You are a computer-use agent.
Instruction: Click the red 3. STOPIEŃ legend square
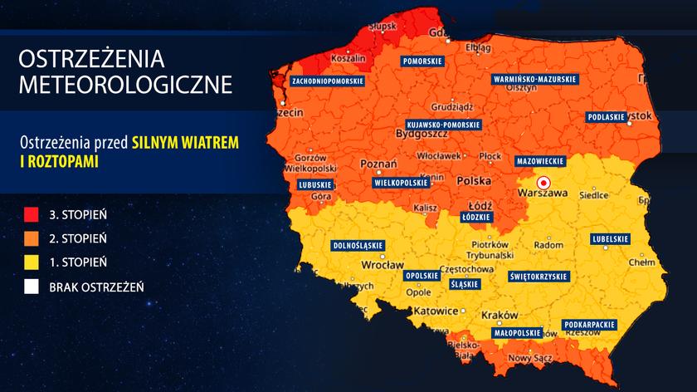coord(32,214)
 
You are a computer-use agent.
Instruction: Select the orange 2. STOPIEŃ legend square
coord(32,238)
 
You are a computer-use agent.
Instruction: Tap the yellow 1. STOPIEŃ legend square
coord(32,262)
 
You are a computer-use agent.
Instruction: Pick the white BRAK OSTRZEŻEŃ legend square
coord(32,287)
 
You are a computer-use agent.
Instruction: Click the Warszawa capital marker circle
coord(543,182)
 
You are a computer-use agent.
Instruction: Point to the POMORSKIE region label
coord(422,61)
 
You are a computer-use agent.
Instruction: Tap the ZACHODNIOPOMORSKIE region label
coord(328,81)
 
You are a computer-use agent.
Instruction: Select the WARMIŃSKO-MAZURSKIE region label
coord(534,79)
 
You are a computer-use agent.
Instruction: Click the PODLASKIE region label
coord(607,117)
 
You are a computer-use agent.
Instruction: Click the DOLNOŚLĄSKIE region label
coord(358,246)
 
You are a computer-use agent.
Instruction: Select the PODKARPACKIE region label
coord(588,323)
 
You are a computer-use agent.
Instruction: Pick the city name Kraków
coord(499,316)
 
